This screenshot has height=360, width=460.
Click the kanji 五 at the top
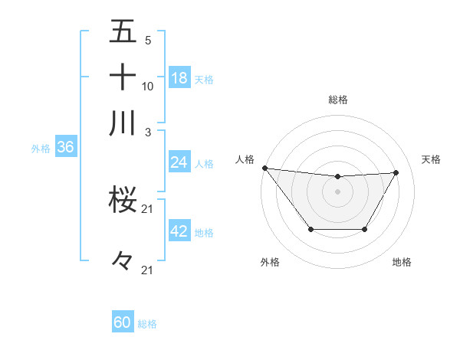coord(123,33)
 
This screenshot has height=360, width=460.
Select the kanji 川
coord(123,123)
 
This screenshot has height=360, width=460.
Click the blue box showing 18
coord(179,77)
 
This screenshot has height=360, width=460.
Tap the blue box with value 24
coord(179,162)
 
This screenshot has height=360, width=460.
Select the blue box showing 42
coord(179,231)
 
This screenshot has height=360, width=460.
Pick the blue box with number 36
coord(65,148)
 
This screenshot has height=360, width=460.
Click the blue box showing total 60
coord(123,322)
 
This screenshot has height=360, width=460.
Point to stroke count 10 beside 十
coord(148,86)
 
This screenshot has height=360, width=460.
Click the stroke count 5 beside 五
coord(148,41)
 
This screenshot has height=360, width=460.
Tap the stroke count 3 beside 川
coord(148,131)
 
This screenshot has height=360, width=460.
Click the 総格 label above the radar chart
coord(338,100)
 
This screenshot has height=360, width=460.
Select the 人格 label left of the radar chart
coord(245,159)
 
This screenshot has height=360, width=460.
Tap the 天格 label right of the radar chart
coord(431,159)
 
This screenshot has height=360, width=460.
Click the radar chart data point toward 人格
coord(264,168)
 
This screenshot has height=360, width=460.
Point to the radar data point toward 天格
coord(396,172)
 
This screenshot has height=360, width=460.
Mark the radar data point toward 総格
coord(338,177)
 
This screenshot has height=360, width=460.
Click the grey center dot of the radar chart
coord(338,191)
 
